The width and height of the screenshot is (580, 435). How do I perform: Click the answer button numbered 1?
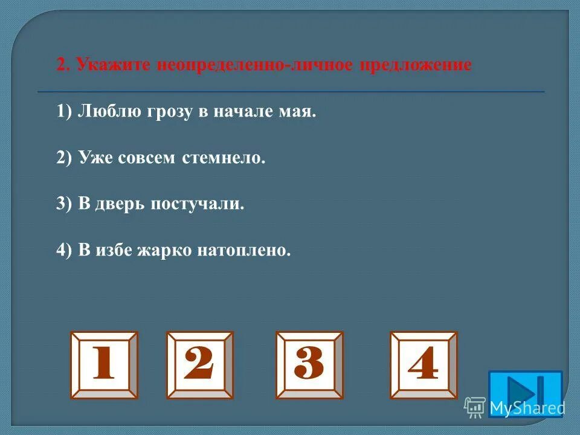pos(104,364)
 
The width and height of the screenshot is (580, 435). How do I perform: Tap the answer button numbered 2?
pos(200,364)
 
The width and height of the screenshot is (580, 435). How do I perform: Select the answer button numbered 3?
pos(309,364)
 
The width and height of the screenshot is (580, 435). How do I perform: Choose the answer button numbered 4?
pos(424,364)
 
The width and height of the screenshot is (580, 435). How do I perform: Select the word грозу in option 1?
pos(169,113)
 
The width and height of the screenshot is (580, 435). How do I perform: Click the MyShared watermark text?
pos(526,408)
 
